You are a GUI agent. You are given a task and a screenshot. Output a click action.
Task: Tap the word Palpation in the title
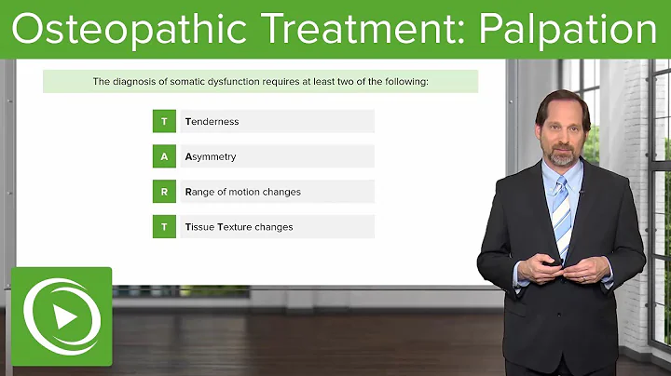pyautogui.click(x=569, y=30)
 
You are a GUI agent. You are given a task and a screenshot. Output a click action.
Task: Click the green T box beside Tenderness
pyautogui.click(x=164, y=121)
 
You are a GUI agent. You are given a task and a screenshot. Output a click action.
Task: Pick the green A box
pyautogui.click(x=164, y=156)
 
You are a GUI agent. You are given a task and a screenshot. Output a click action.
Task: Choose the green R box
pyautogui.click(x=164, y=192)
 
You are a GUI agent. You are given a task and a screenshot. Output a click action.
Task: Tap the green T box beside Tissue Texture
pyautogui.click(x=164, y=226)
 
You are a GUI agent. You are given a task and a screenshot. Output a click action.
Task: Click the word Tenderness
pyautogui.click(x=212, y=121)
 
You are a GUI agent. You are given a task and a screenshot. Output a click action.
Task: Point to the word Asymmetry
pyautogui.click(x=211, y=156)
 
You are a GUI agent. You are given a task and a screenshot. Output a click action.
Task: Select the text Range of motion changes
pyautogui.click(x=242, y=192)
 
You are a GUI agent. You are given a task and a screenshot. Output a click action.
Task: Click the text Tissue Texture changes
pyautogui.click(x=239, y=226)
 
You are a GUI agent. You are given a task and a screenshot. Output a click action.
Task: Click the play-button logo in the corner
pyautogui.click(x=62, y=317)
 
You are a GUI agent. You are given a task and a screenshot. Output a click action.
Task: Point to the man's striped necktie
pyautogui.click(x=561, y=219)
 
